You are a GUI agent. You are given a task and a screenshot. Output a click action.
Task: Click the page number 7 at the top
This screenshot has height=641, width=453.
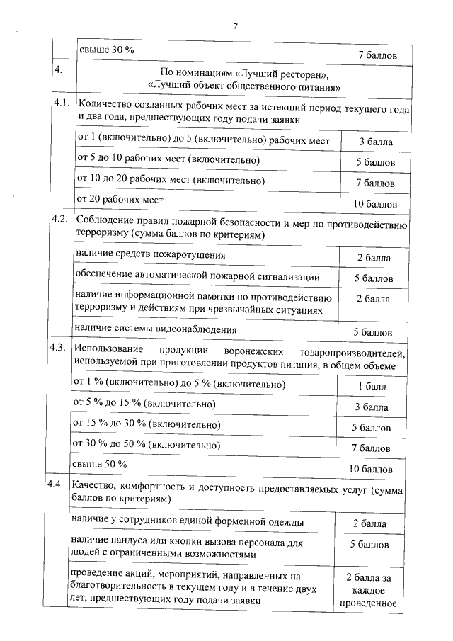pos(235,26)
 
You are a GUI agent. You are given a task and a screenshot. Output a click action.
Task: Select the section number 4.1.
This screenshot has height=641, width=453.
pos(62,104)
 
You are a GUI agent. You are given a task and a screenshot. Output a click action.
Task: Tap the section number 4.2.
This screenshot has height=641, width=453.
pos(62,218)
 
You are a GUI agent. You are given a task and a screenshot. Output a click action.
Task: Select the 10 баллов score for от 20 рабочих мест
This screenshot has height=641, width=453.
pos(375,204)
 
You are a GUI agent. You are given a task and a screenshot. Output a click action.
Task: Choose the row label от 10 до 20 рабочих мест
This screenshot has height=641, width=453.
pos(170,181)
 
